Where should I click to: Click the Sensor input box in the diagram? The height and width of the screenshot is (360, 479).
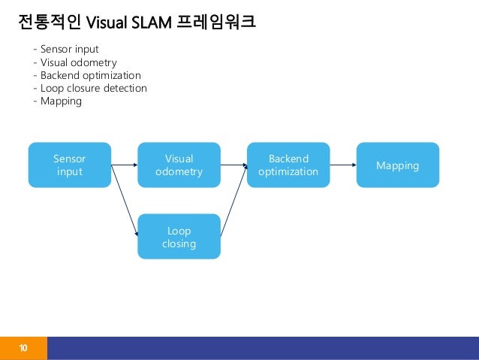click(x=70, y=165)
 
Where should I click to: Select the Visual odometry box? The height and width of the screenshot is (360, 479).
click(x=179, y=165)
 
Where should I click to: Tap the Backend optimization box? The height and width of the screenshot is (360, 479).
click(x=288, y=165)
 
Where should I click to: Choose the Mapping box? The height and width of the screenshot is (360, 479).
click(x=397, y=165)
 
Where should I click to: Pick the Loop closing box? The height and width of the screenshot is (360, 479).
click(x=179, y=236)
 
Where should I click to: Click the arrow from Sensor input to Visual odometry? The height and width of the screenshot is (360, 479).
click(x=124, y=165)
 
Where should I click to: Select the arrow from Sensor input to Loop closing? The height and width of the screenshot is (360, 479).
click(x=125, y=201)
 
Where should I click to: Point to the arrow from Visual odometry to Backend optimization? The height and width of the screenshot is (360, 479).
click(x=233, y=165)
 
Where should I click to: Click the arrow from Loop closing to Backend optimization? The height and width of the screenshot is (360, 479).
click(x=233, y=201)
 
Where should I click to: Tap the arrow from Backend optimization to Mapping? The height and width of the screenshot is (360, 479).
click(x=342, y=165)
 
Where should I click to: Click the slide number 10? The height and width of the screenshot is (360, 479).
click(x=23, y=349)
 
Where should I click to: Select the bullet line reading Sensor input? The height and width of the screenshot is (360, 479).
click(x=66, y=50)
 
